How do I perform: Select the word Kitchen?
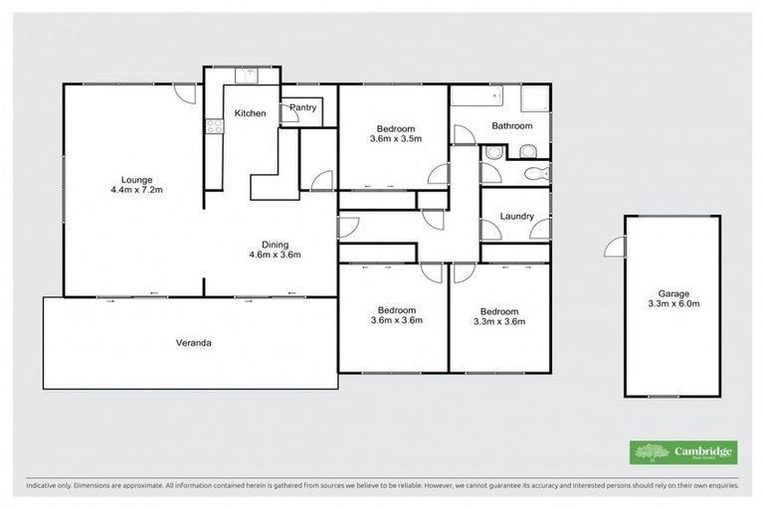[x=250, y=113]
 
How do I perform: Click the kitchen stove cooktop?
[x=213, y=125]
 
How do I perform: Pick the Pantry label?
[x=302, y=107]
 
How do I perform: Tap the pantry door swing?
[x=289, y=114]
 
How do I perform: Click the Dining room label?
[x=275, y=245]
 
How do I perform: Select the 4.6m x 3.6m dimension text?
[x=275, y=255]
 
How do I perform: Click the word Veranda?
[x=194, y=343]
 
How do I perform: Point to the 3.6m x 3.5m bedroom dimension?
[x=396, y=139]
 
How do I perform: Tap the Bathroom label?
[x=511, y=126]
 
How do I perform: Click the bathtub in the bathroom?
[x=477, y=95]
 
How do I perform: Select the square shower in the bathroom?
[x=536, y=95]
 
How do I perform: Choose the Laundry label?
[x=516, y=216]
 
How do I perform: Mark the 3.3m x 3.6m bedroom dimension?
[x=499, y=321]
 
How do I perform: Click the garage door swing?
[x=616, y=247]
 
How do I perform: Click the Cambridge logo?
[x=683, y=452]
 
